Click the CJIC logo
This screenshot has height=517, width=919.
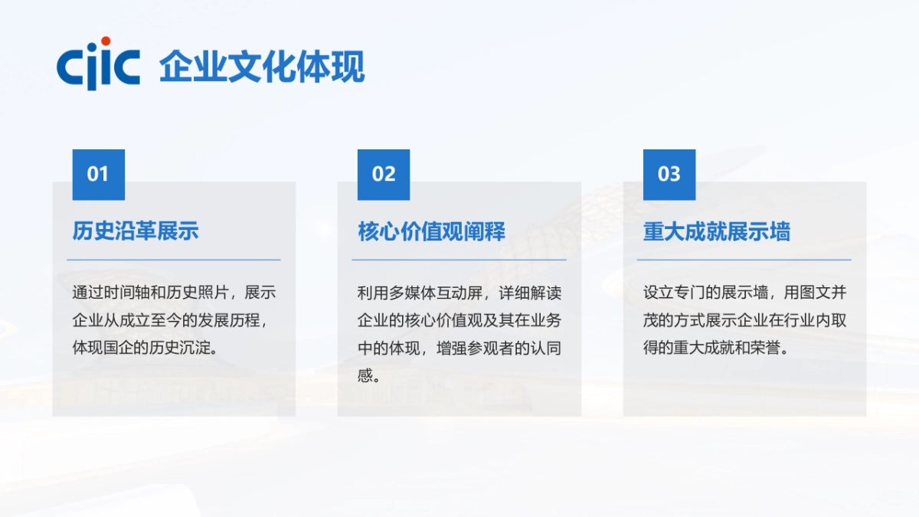click(x=98, y=64)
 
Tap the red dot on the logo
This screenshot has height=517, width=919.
click(x=106, y=41)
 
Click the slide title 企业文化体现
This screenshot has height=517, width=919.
click(x=262, y=67)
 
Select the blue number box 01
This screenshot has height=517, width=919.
click(x=98, y=175)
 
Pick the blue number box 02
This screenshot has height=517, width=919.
click(x=384, y=175)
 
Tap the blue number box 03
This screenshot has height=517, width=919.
click(x=669, y=175)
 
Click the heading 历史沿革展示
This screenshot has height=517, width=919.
click(x=136, y=231)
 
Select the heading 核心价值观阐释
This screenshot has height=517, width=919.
click(x=432, y=231)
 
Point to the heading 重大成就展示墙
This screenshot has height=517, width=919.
click(x=717, y=231)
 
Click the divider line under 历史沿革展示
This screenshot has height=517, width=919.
click(x=173, y=260)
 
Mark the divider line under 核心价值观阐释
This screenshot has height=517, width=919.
click(x=459, y=260)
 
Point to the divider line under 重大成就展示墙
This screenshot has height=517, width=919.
click(x=744, y=260)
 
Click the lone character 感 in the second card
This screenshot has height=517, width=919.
click(x=365, y=375)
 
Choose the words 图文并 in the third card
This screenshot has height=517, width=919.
click(x=821, y=293)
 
